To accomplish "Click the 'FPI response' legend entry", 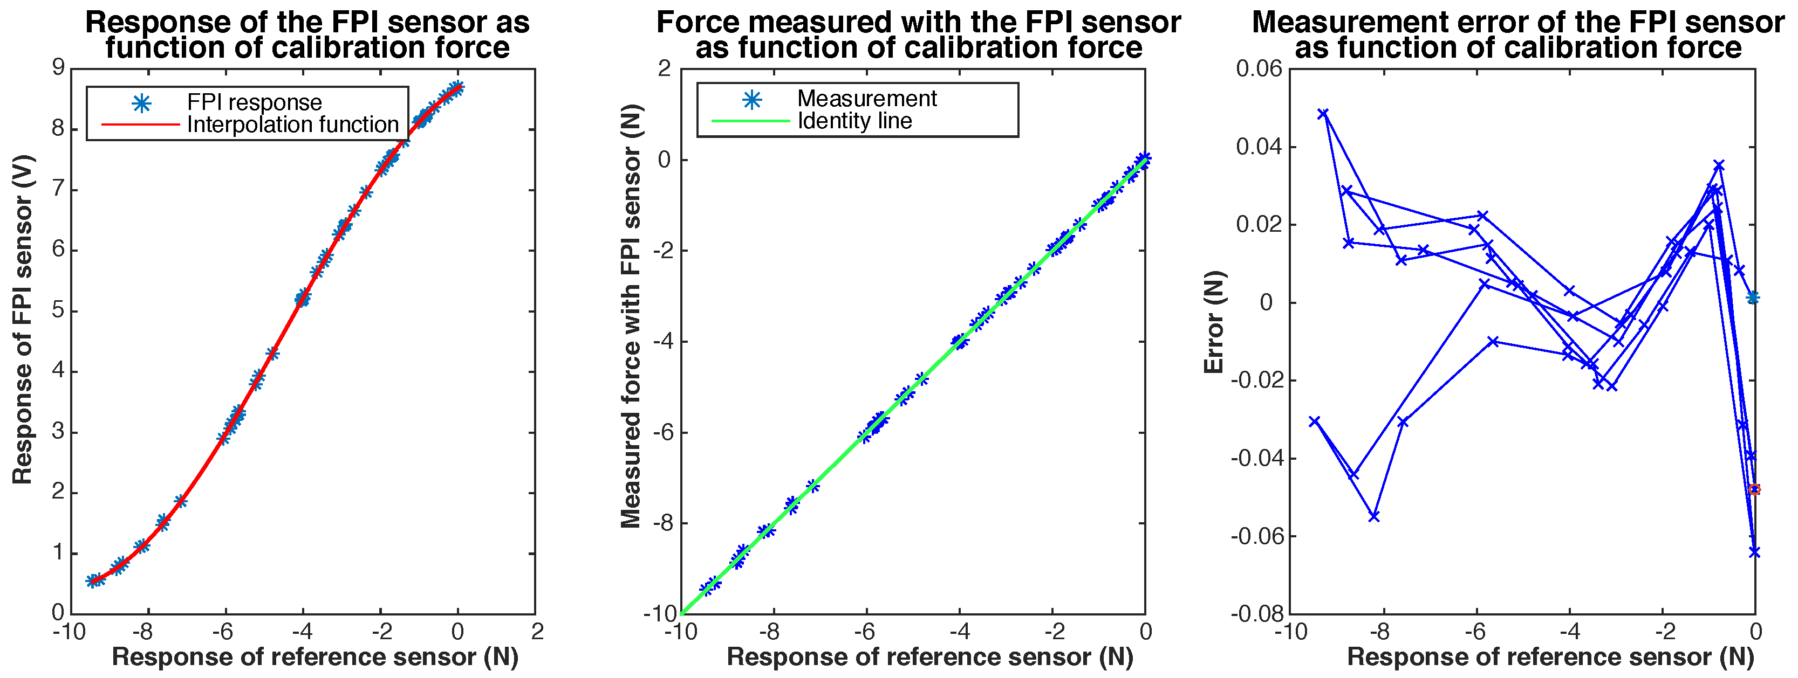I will pos(254,102).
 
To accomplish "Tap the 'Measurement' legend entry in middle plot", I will pos(866,99).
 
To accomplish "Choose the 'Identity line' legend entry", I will pos(854,121).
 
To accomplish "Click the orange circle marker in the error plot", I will pos(1754,490).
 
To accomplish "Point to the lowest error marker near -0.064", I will pos(1754,552).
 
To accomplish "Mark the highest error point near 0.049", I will pos(1323,114).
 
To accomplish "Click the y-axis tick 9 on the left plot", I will pos(57,68).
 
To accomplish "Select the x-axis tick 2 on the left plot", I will pos(536,632).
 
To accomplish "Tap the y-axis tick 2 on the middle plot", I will pos(664,68).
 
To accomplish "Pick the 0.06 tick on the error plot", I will pos(1259,68).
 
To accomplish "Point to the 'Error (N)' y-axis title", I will pos(1214,322).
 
